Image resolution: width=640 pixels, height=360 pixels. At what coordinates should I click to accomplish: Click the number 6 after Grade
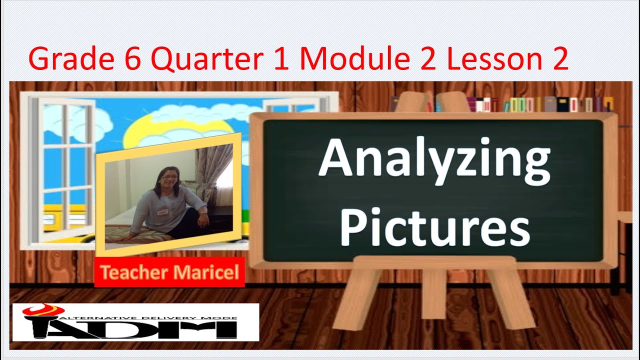(133, 58)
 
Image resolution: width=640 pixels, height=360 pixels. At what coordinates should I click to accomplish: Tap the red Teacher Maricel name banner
(169, 272)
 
